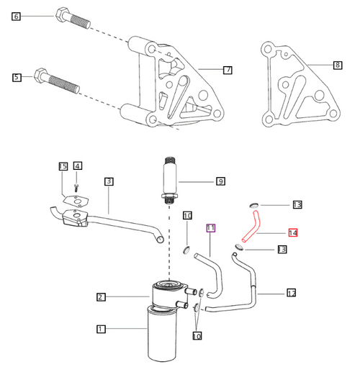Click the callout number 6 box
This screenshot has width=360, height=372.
click(x=17, y=16)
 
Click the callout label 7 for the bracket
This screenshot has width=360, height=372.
click(x=228, y=70)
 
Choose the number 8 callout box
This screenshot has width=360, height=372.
click(x=338, y=65)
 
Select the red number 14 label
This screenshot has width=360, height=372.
click(x=293, y=232)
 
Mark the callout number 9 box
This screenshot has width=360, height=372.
click(x=221, y=182)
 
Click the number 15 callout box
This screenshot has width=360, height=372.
click(x=63, y=167)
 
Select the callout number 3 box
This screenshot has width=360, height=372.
click(x=109, y=181)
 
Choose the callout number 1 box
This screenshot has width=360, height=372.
click(x=102, y=329)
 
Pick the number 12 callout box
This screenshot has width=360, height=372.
click(x=292, y=293)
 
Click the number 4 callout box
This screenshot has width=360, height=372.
click(x=78, y=167)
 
